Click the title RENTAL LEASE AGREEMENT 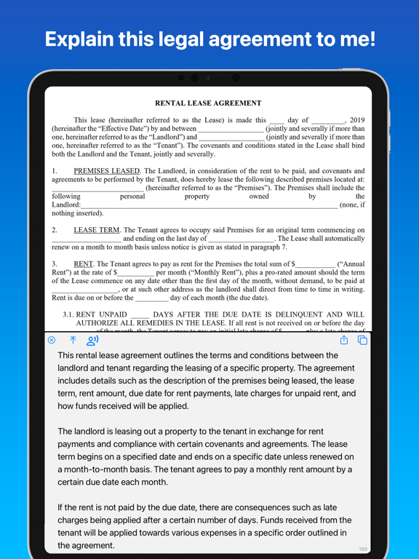point(209,103)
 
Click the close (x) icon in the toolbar point(52,340)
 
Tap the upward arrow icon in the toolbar point(73,340)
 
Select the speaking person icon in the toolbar point(92,340)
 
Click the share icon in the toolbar point(344,340)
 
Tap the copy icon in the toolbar point(363,340)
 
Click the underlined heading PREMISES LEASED point(106,171)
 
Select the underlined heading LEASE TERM point(97,230)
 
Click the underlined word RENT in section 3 point(83,264)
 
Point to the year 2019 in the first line point(357,120)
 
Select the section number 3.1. point(68,314)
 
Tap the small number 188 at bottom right point(363,550)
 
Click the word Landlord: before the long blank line point(66,205)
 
